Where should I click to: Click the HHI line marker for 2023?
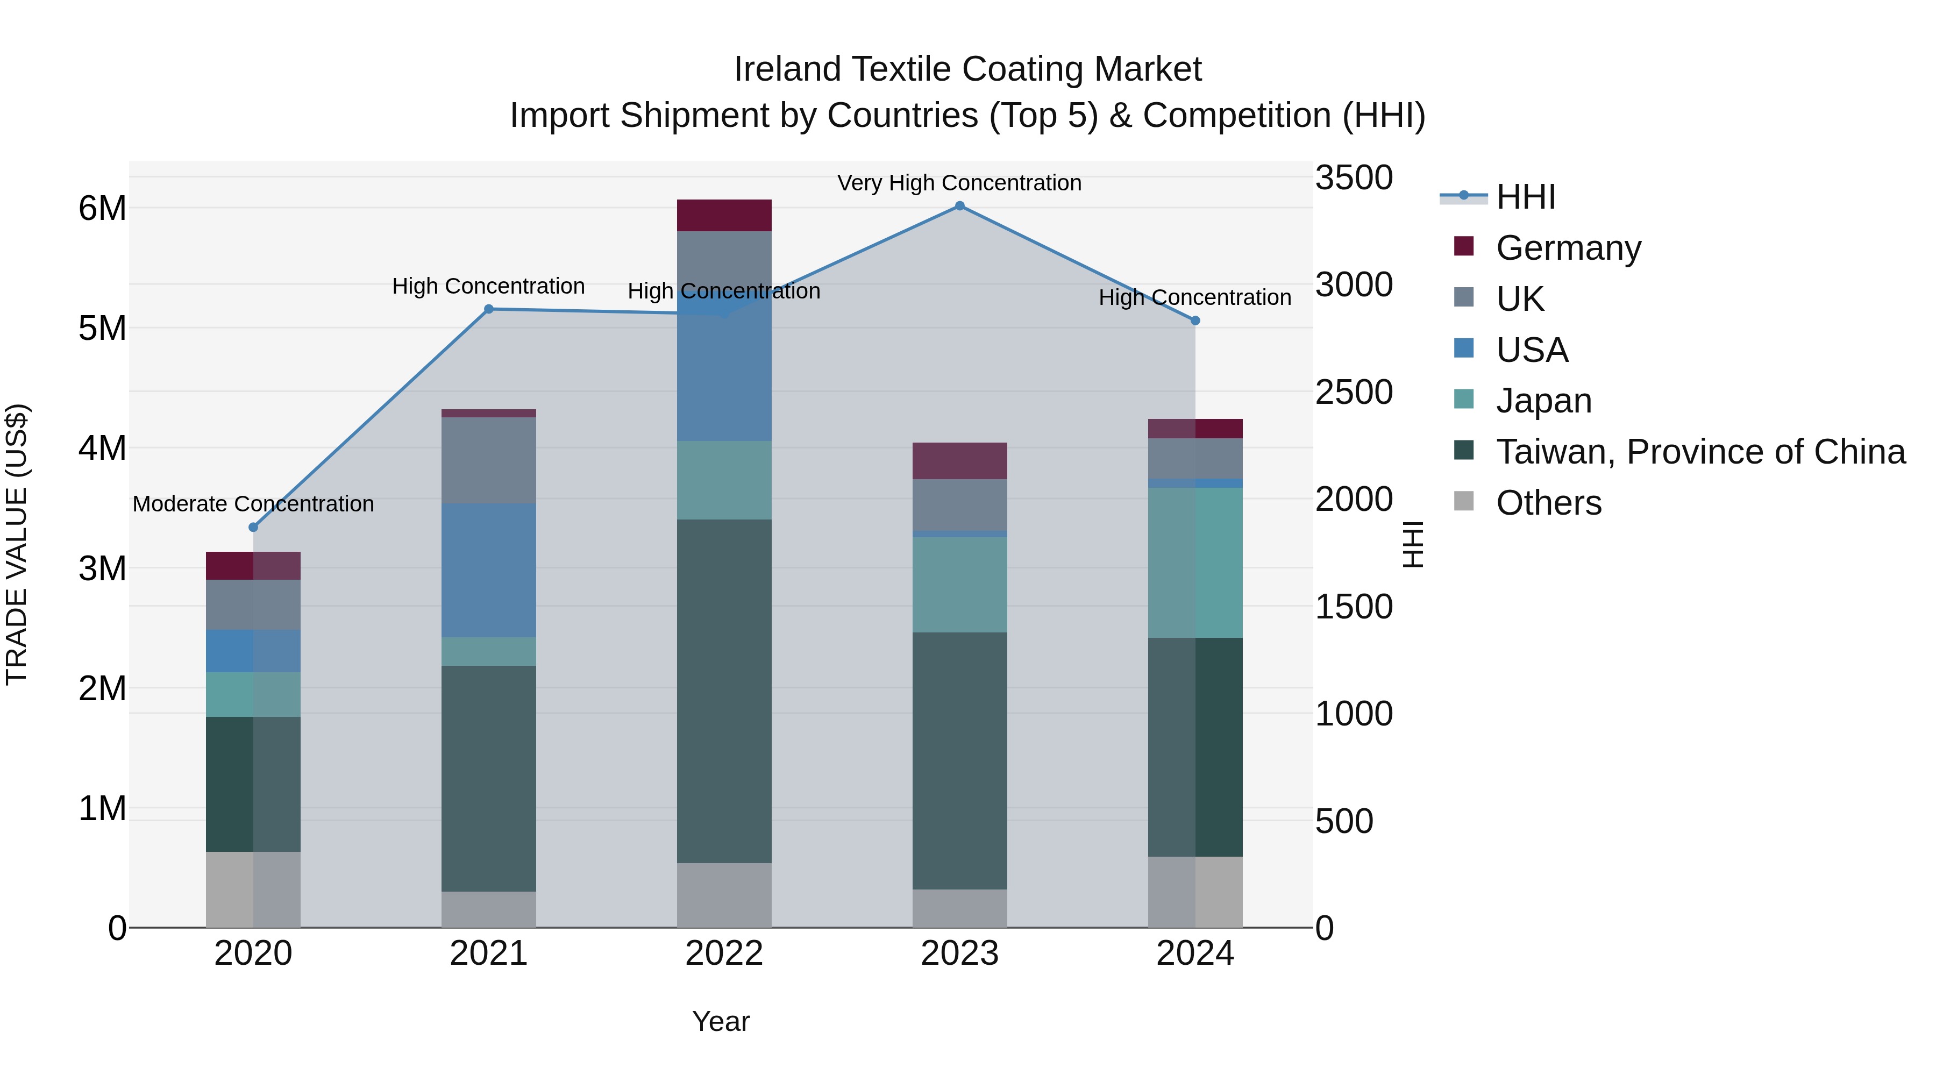pyautogui.click(x=960, y=206)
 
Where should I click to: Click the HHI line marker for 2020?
pyautogui.click(x=253, y=528)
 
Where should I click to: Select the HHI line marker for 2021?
pyautogui.click(x=488, y=309)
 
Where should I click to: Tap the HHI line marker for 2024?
pyautogui.click(x=1195, y=321)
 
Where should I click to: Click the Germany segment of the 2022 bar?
pyautogui.click(x=724, y=216)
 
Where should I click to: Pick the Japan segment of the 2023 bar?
pyautogui.click(x=960, y=585)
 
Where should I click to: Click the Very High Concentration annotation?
pyautogui.click(x=960, y=183)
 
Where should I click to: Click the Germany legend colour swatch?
pyautogui.click(x=1463, y=246)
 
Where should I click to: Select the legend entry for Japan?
pyautogui.click(x=1543, y=401)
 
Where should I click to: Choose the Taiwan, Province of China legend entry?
pyautogui.click(x=1700, y=452)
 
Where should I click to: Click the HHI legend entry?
pyautogui.click(x=1526, y=197)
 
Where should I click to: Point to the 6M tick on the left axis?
pyautogui.click(x=102, y=208)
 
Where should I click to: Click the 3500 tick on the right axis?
pyautogui.click(x=1354, y=178)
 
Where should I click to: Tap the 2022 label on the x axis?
pyautogui.click(x=724, y=953)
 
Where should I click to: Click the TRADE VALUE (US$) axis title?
pyautogui.click(x=17, y=544)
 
